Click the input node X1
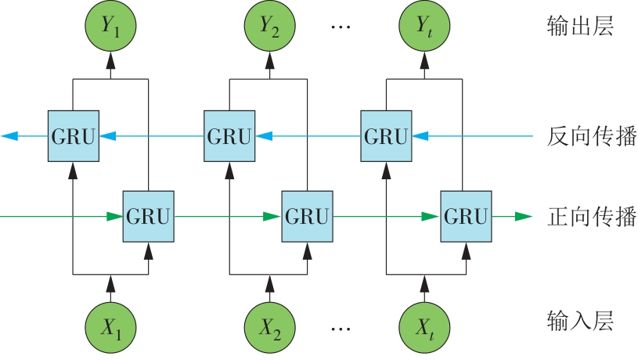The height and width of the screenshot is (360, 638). tap(110, 325)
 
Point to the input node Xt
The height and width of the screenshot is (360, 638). tap(424, 325)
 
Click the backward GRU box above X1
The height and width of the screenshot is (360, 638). tap(73, 136)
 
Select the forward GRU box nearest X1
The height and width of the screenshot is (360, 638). tap(148, 216)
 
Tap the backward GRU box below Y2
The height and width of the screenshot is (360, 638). tap(229, 136)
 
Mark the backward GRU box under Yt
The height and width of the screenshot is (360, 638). tap(386, 136)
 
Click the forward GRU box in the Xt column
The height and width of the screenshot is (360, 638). tap(466, 216)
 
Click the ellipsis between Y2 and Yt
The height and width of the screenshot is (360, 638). tap(342, 27)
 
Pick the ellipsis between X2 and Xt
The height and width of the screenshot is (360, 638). tap(342, 327)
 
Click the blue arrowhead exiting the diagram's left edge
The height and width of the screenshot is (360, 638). tap(9, 136)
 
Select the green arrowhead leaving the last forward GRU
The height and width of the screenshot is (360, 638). tap(522, 216)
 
